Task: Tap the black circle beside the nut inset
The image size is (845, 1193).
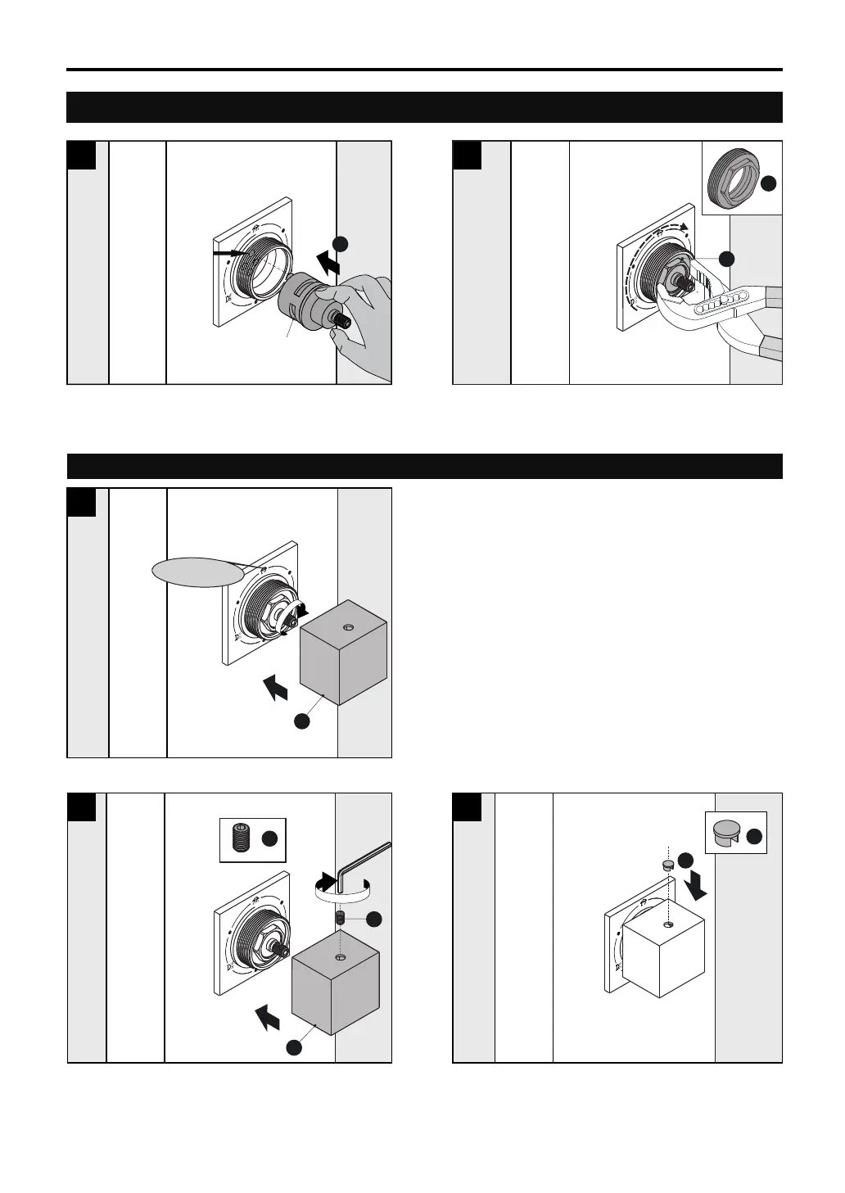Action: tap(769, 185)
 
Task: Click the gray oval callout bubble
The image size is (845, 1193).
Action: tap(198, 572)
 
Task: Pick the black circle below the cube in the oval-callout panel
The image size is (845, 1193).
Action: tap(301, 721)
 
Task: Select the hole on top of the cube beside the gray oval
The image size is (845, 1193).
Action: tap(347, 626)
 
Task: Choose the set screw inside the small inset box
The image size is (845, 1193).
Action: tap(241, 839)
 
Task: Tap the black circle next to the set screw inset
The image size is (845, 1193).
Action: tap(269, 838)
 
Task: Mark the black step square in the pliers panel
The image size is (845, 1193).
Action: tap(468, 155)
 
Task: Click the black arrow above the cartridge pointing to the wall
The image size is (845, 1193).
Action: tap(328, 264)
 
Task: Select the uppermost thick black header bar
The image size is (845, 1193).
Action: tap(424, 107)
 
